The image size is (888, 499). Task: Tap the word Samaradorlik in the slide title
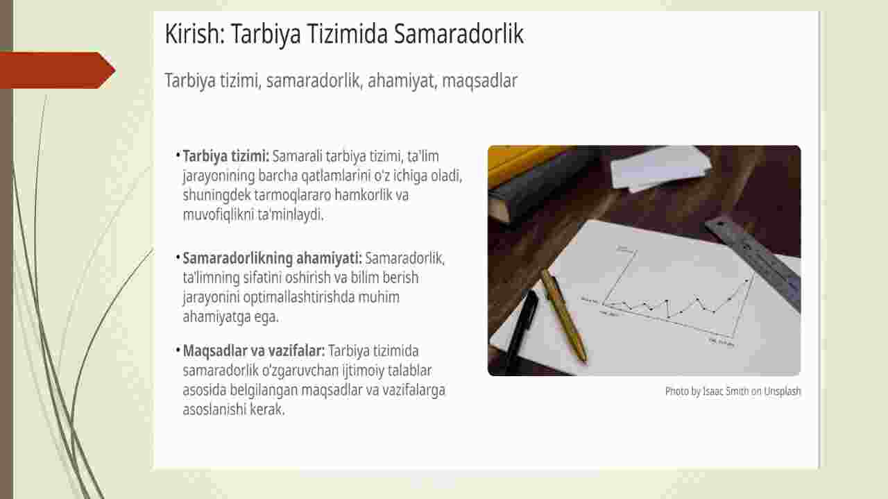pos(459,33)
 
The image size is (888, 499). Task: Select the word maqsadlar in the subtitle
pos(479,81)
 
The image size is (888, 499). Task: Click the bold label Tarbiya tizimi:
pos(226,157)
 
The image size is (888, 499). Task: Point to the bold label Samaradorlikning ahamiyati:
pos(273,258)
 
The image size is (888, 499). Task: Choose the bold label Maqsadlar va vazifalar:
pos(254,351)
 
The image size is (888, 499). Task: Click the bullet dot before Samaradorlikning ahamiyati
pos(178,257)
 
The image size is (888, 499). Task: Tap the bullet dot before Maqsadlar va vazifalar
pos(178,350)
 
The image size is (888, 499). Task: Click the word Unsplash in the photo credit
pos(782,391)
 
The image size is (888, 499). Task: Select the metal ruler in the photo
pos(753,262)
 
